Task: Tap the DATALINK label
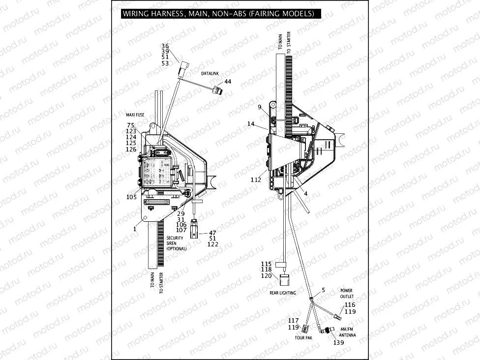[210, 73]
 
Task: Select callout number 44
[227, 82]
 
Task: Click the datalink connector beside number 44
[215, 90]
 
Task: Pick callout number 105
[131, 197]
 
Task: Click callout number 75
[131, 125]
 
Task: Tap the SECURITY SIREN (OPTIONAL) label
[176, 243]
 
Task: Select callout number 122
[213, 244]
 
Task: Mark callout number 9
[259, 107]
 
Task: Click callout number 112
[256, 180]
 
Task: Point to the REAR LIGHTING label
[283, 293]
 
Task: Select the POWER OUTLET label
[346, 294]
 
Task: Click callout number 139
[339, 342]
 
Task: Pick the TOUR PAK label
[303, 338]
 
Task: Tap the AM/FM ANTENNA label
[347, 332]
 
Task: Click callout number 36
[165, 46]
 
